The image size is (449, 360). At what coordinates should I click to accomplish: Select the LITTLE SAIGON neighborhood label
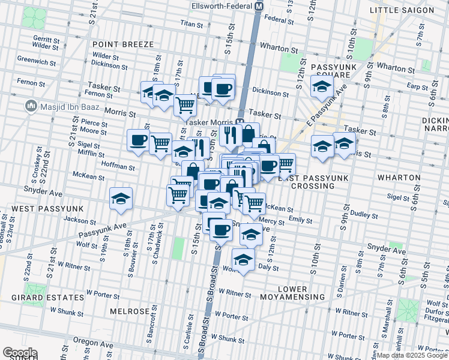(x=410, y=10)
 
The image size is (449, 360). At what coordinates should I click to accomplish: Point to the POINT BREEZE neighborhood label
(x=123, y=44)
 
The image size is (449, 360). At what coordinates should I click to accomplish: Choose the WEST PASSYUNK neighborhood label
(x=40, y=208)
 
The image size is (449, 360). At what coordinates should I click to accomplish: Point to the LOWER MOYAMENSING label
(x=293, y=292)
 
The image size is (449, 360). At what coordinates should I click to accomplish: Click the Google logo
(x=20, y=353)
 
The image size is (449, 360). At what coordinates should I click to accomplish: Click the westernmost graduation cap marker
(x=121, y=199)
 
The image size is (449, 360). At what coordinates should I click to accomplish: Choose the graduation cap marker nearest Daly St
(x=243, y=260)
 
